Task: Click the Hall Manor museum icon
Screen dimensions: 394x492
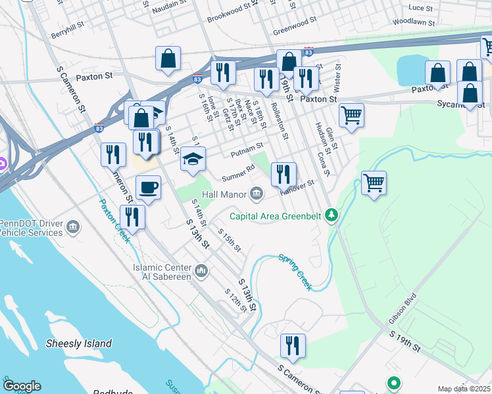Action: (x=257, y=193)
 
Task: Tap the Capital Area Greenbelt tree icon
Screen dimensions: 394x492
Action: (x=333, y=215)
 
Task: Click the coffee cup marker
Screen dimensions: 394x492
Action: (x=148, y=188)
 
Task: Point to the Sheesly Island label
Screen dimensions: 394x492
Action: (x=79, y=343)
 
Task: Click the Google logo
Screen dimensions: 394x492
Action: (x=21, y=386)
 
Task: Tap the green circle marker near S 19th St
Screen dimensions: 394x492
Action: (x=393, y=383)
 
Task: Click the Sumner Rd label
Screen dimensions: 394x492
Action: (x=237, y=173)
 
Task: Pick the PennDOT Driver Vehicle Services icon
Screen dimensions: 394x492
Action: (x=73, y=228)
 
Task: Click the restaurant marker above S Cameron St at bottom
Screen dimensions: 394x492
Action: (x=293, y=345)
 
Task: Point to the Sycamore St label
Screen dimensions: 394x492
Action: (x=460, y=104)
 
